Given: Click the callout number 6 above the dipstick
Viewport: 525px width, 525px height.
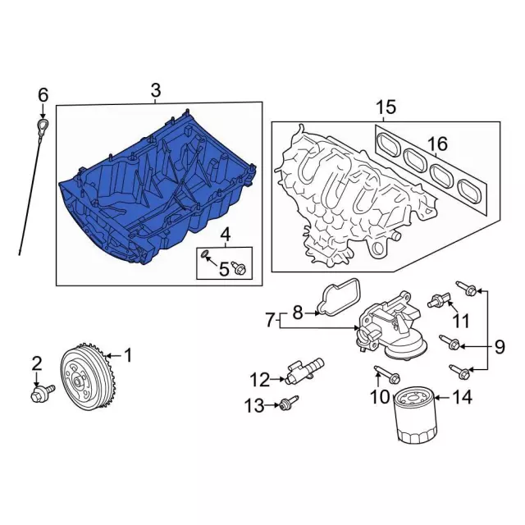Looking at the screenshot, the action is [43, 95].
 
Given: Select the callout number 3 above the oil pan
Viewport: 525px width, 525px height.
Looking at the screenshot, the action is [156, 89].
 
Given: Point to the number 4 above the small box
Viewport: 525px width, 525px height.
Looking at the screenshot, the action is [226, 235].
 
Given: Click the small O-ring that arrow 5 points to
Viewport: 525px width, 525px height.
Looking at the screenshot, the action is [204, 253].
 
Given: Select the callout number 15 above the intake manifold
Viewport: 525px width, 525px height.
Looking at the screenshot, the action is [386, 107].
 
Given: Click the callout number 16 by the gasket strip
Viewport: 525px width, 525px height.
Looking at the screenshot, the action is [437, 144].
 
